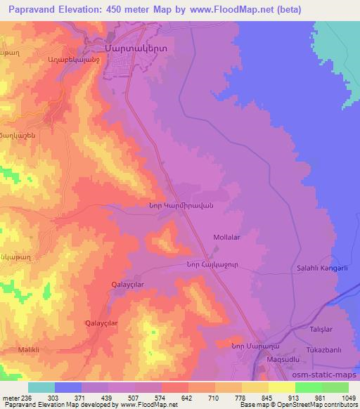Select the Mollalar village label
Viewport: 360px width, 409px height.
[226, 238]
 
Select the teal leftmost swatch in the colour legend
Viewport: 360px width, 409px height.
[41, 387]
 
